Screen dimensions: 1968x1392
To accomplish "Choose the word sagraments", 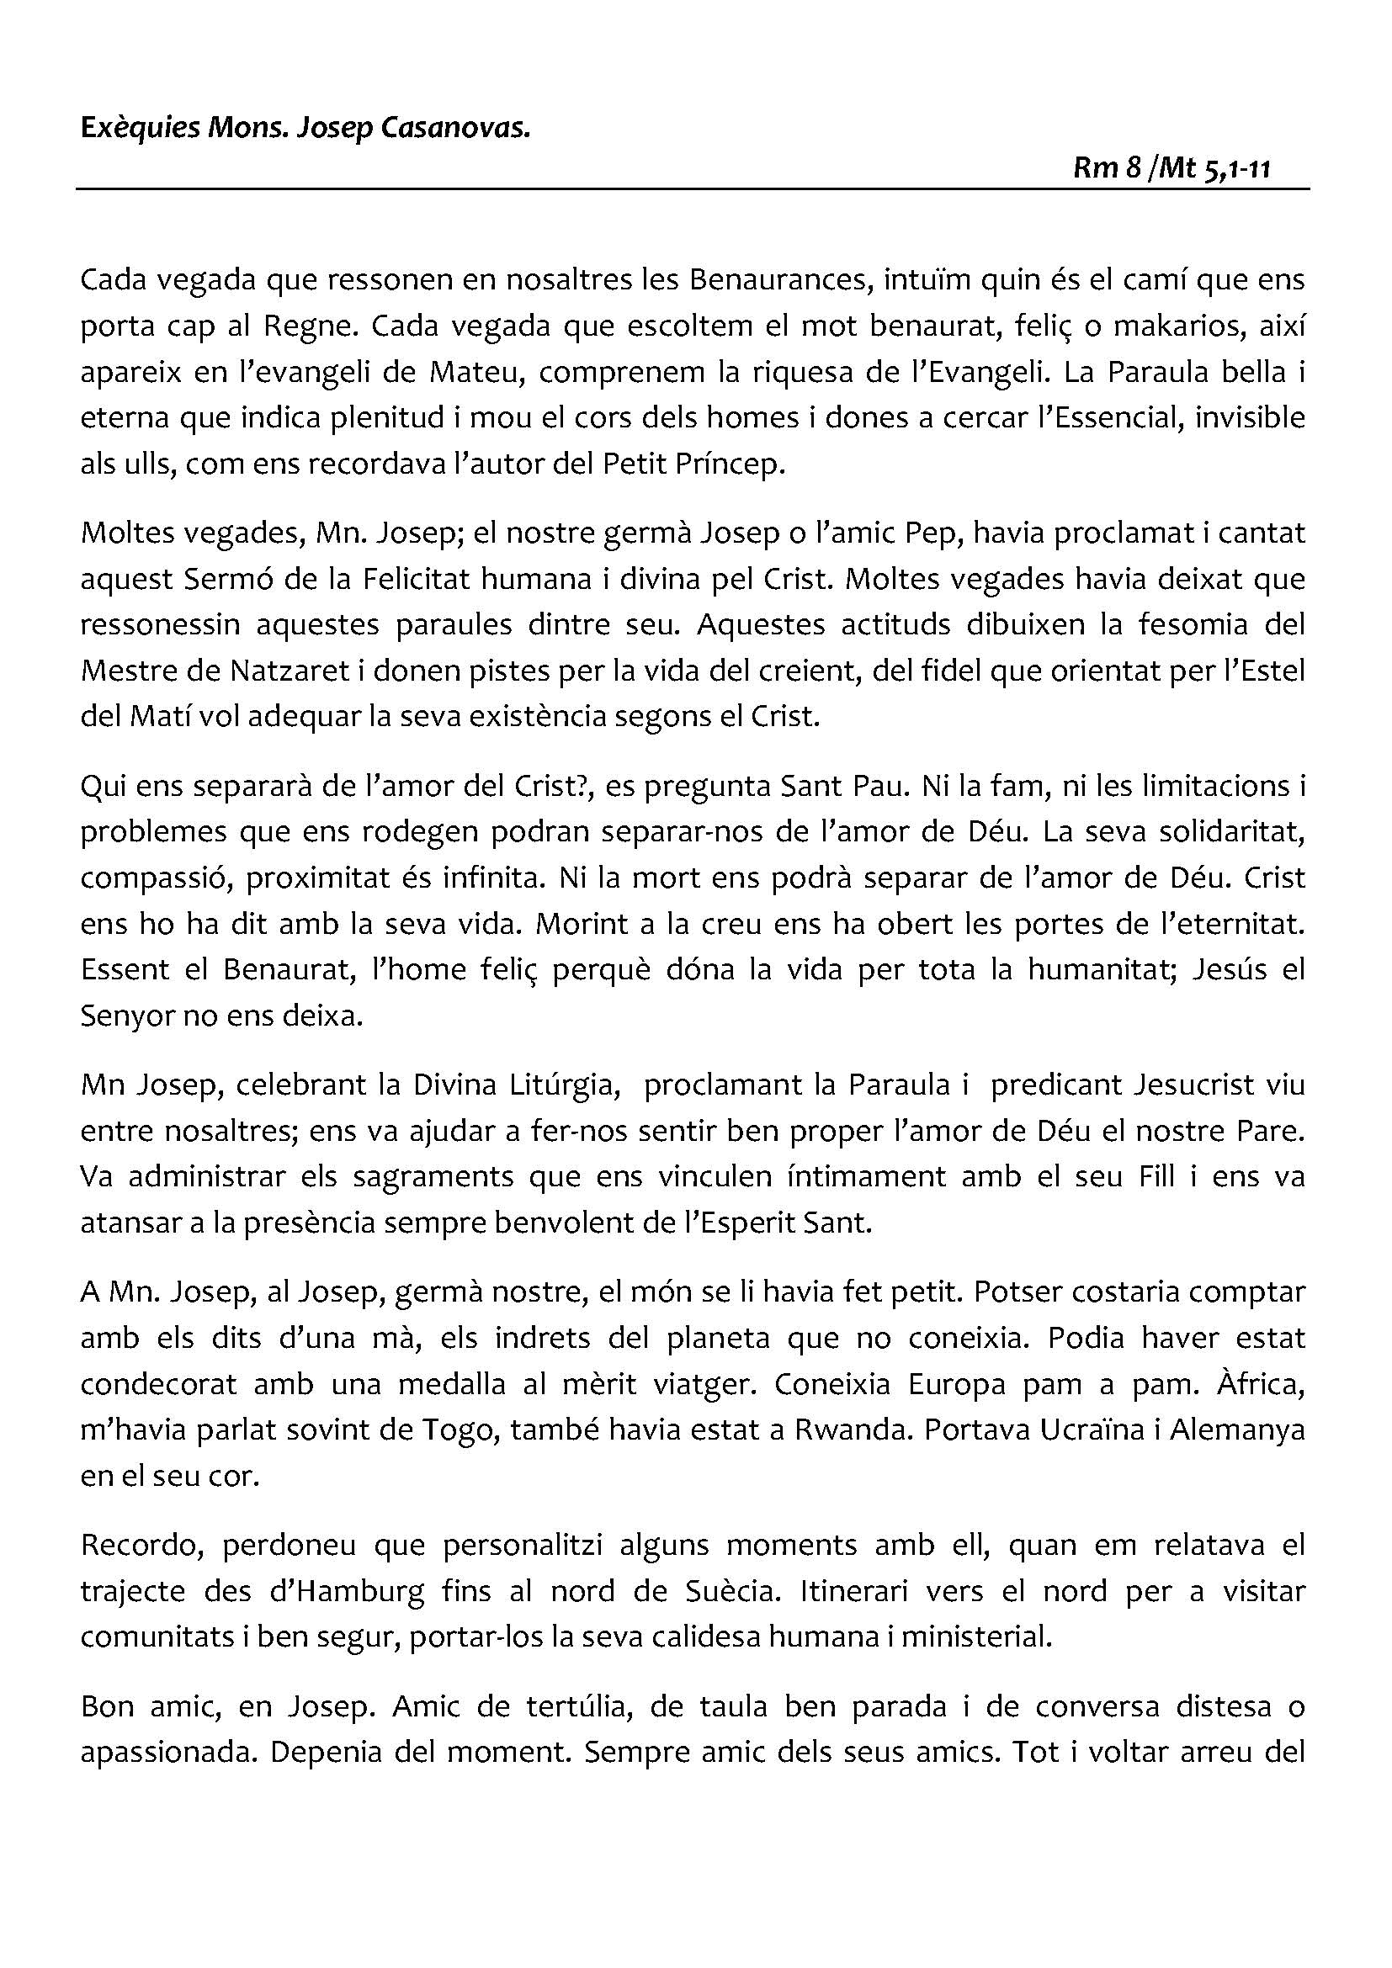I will tap(433, 1176).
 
